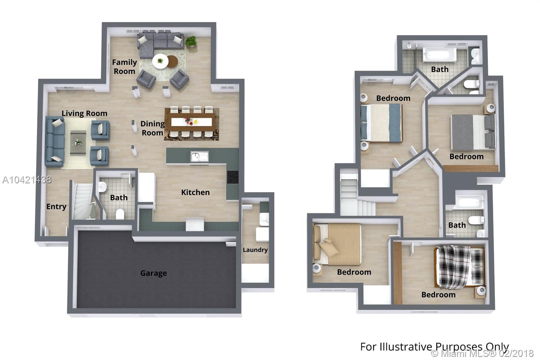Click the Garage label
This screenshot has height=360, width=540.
tap(154, 273)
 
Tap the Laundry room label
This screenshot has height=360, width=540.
tap(255, 250)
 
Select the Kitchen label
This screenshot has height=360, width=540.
tap(195, 192)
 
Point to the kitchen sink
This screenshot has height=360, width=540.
tap(199, 157)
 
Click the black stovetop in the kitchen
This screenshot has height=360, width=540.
tap(233, 177)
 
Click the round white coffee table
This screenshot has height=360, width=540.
tap(160, 61)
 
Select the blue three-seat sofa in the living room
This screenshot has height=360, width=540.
tap(55, 142)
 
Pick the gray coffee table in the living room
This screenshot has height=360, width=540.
tap(78, 143)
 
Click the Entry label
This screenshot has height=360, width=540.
tap(56, 207)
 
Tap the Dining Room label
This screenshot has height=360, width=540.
tap(153, 128)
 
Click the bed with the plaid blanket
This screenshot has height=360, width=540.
tap(460, 267)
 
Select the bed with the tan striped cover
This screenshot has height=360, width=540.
tap(337, 244)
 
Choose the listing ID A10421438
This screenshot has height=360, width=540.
tap(27, 180)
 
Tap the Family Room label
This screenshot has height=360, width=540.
tap(125, 67)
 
